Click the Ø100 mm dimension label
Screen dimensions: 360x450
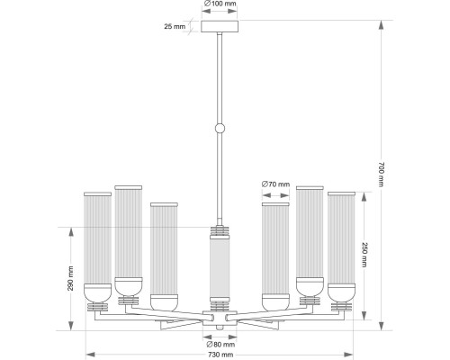tap(220, 4)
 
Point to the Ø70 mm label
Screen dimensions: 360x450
tap(275, 184)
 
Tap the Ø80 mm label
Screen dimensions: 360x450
tap(220, 345)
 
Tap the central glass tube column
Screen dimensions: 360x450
tap(218, 270)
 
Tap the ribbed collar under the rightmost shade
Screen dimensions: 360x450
tap(341, 306)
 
